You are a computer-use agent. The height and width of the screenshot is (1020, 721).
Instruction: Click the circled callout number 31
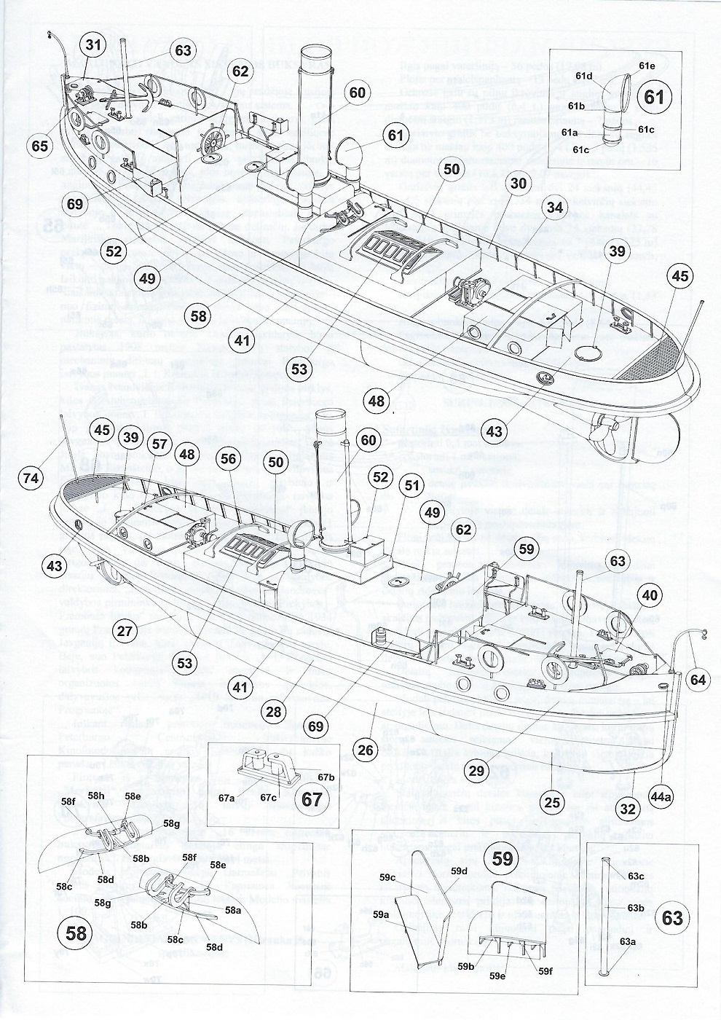tap(93, 45)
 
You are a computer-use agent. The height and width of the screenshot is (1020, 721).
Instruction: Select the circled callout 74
tap(31, 477)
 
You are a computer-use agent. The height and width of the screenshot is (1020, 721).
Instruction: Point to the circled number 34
tap(555, 208)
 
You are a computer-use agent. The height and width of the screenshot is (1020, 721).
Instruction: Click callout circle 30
tap(518, 184)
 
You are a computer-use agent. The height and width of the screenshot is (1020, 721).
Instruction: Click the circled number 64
tap(698, 680)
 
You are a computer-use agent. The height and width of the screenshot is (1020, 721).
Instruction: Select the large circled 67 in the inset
tap(311, 798)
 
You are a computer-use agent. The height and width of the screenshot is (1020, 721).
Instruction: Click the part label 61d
tap(583, 76)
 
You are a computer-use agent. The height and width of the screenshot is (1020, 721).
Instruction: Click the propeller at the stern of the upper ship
tap(608, 431)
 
